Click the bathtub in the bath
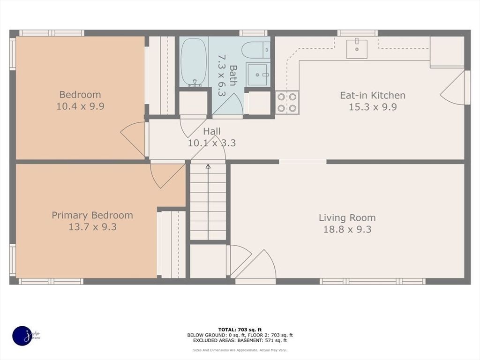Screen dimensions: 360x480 [194, 62]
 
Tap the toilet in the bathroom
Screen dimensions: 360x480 [258, 50]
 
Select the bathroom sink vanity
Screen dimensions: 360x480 [257, 75]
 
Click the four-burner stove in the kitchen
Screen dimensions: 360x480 [287, 102]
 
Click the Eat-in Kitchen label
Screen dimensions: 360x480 [372, 95]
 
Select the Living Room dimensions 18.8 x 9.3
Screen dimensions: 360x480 [347, 229]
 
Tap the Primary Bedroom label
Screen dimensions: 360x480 [92, 215]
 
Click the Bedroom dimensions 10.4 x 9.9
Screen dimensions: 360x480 [80, 106]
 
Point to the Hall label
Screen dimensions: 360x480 [212, 132]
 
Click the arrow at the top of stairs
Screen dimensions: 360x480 [208, 166]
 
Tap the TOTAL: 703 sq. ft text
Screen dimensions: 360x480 [240, 329]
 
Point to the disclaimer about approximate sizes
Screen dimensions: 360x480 [240, 350]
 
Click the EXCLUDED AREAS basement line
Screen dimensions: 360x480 [240, 341]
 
